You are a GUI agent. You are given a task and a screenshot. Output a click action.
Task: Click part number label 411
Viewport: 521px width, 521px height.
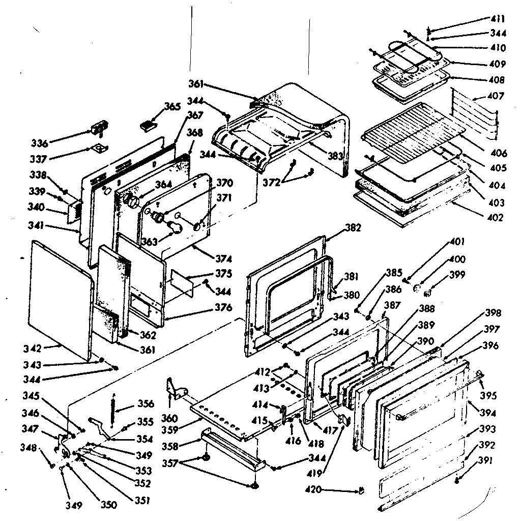[x=498, y=19]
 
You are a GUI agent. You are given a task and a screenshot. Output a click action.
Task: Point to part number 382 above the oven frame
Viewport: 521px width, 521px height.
[x=353, y=228]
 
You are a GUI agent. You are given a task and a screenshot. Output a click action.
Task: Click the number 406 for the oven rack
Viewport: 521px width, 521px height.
[x=499, y=153]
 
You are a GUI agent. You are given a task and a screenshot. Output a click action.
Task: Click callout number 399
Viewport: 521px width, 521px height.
[x=457, y=275]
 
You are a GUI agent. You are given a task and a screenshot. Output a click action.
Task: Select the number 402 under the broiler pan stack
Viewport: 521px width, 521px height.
[x=494, y=218]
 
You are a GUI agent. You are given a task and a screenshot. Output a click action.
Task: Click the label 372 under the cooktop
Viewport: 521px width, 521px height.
[x=271, y=183]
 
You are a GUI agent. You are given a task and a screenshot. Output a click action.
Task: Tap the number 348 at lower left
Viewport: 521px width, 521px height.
[x=29, y=448]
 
